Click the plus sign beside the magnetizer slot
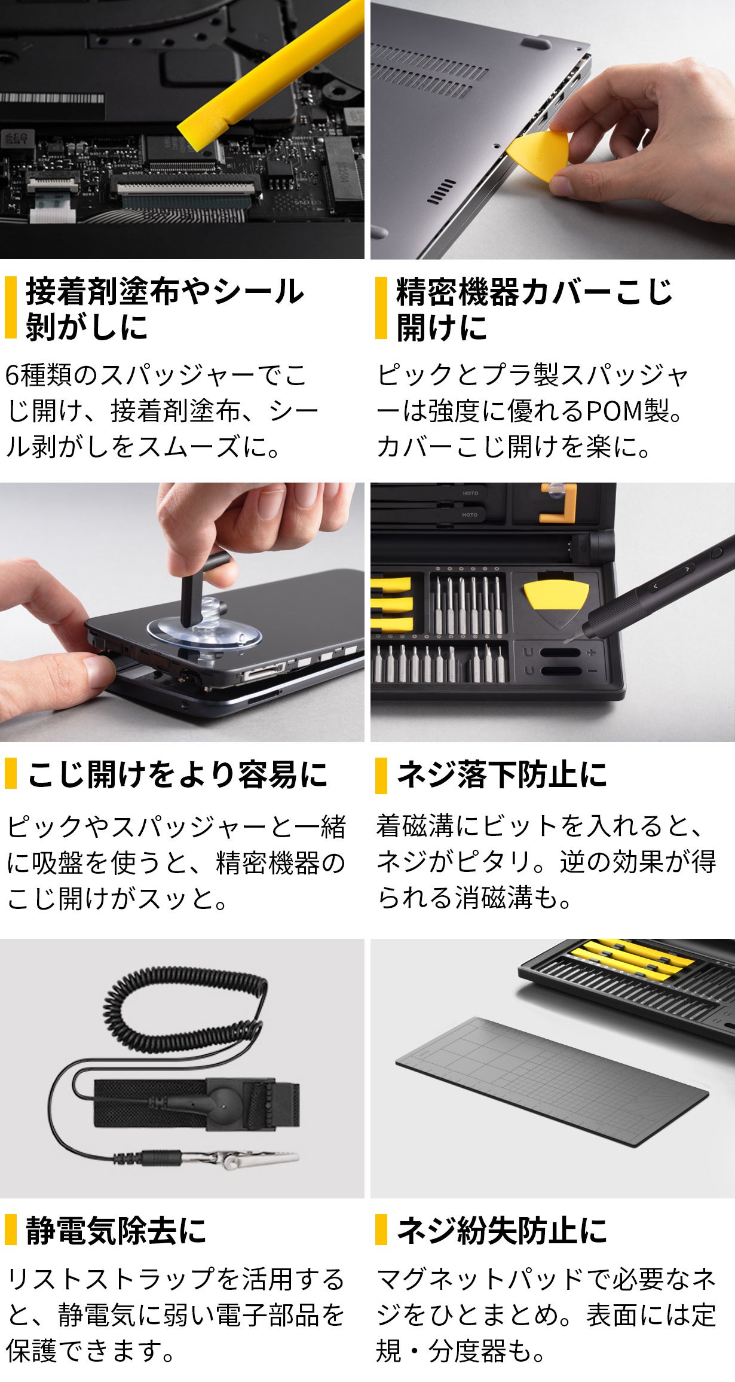coord(592,652)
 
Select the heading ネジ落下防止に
coord(503,774)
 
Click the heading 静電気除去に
coord(116,1231)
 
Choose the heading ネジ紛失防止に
coord(503,1231)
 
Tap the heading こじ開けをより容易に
coord(177,774)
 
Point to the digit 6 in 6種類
coord(13,376)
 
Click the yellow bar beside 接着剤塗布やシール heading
coord(10,307)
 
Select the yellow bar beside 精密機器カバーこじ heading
coord(381,307)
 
